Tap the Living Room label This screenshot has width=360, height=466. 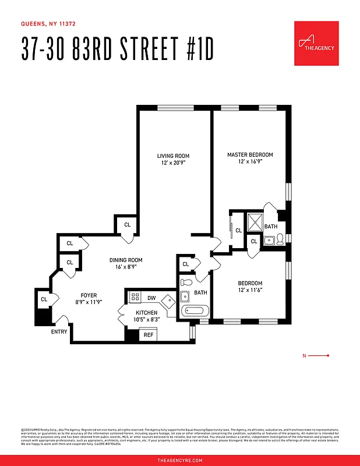(173, 156)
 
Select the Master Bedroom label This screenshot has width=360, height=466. (250, 154)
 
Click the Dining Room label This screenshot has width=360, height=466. (125, 260)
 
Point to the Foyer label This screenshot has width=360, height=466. (89, 295)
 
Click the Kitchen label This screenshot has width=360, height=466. (147, 313)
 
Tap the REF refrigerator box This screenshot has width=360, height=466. (149, 335)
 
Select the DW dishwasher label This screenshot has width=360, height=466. (151, 298)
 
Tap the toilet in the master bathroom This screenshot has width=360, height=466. (280, 239)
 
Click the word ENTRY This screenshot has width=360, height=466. (59, 332)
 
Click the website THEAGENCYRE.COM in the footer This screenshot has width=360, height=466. (180, 460)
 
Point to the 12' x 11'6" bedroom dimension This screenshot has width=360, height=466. (250, 290)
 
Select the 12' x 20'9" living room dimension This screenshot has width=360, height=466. (173, 163)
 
